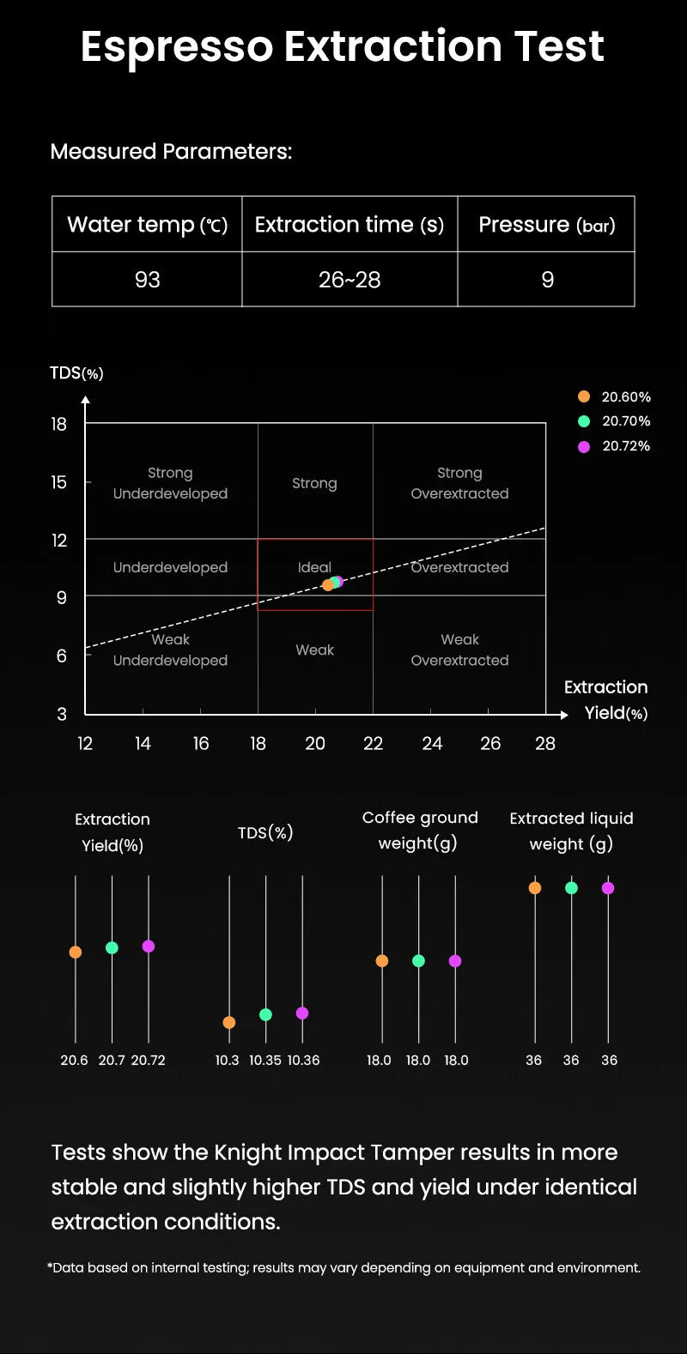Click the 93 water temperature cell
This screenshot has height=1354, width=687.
[x=147, y=280]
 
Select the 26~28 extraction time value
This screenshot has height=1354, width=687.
[x=350, y=280]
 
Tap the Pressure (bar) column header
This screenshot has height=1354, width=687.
[x=546, y=225]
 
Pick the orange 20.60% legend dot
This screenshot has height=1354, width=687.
[x=584, y=396]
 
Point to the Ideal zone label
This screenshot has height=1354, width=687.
[x=314, y=567]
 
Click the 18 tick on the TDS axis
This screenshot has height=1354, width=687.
[x=58, y=424]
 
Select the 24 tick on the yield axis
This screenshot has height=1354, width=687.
[x=432, y=744]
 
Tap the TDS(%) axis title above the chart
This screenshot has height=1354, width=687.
[x=76, y=373]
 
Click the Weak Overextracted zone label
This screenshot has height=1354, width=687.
[x=459, y=650]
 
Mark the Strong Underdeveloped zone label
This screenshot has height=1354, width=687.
[x=170, y=483]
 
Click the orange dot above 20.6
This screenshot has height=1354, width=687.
[x=76, y=952]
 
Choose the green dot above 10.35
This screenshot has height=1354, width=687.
[x=265, y=1014]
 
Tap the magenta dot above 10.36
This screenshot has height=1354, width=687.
[x=302, y=1013]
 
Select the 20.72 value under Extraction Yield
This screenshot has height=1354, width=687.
[x=148, y=1061]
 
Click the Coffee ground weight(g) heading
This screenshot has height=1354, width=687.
[x=419, y=831]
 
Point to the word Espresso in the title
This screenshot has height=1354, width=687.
[x=176, y=46]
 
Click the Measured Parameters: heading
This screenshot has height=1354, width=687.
[x=171, y=152]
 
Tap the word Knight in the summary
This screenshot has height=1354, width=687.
[x=249, y=1152]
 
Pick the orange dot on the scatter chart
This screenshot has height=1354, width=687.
[x=327, y=585]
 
